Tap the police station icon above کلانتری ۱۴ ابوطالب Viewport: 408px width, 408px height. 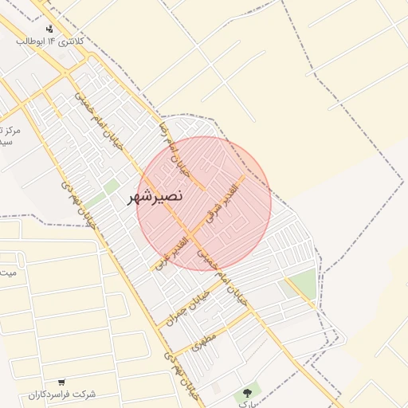(50, 29)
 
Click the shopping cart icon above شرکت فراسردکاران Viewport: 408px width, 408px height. (61, 383)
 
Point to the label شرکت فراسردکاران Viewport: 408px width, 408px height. (61, 394)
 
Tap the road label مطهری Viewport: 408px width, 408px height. (205, 343)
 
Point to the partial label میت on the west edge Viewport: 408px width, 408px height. (8, 273)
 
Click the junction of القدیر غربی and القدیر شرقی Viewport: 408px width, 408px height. (196, 230)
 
